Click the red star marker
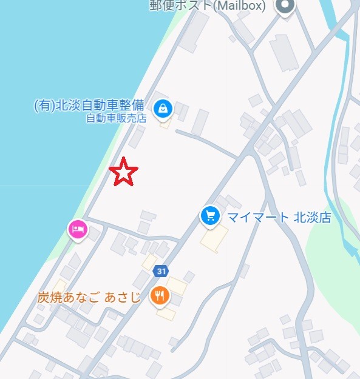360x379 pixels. (x=124, y=172)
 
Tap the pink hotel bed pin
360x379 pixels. (x=77, y=229)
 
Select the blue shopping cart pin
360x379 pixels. (x=210, y=215)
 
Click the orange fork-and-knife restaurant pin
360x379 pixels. (x=160, y=295)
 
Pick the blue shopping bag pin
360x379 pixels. (x=163, y=109)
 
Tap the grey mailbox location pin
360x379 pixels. (x=284, y=6)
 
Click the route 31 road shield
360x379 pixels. (x=160, y=270)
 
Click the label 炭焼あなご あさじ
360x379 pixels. (x=89, y=297)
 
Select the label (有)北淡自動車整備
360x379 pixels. (x=90, y=106)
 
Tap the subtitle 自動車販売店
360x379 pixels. (x=116, y=118)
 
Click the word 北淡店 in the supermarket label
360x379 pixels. (x=313, y=218)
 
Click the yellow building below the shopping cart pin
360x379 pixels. (x=215, y=238)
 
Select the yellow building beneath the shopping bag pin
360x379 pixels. (x=165, y=123)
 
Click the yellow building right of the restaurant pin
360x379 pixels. (x=177, y=285)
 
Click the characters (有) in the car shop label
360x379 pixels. (x=44, y=106)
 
